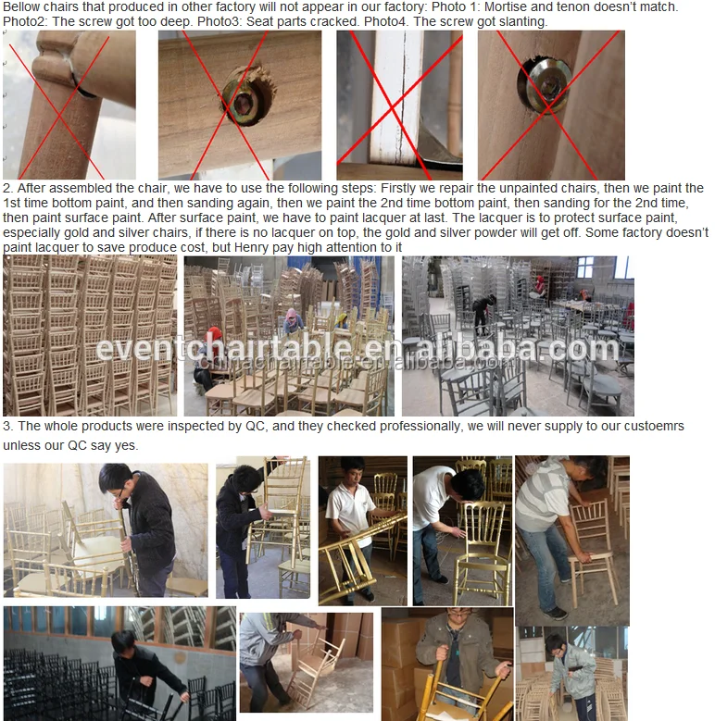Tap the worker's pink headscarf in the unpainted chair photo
pos(291,315)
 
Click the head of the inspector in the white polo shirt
pos(353,470)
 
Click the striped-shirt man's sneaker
pos(556,613)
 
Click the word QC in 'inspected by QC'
pos(256,427)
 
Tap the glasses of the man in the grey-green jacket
pos(458,613)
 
